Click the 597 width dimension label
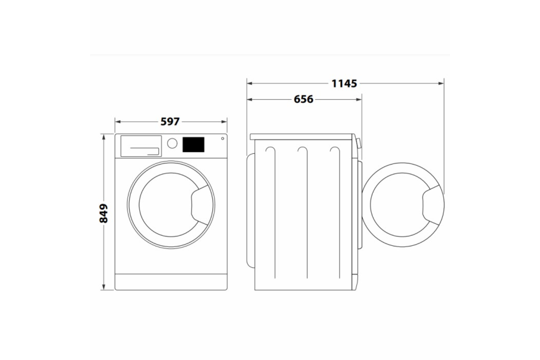click(x=170, y=122)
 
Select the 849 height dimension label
click(x=104, y=213)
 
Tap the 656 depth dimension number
click(x=303, y=99)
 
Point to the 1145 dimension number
click(x=344, y=84)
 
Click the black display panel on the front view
click(x=193, y=145)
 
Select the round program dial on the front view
click(x=172, y=143)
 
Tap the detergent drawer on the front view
click(x=141, y=146)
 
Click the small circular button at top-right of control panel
click(x=222, y=138)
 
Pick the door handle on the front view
click(x=200, y=205)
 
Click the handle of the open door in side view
click(x=432, y=205)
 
